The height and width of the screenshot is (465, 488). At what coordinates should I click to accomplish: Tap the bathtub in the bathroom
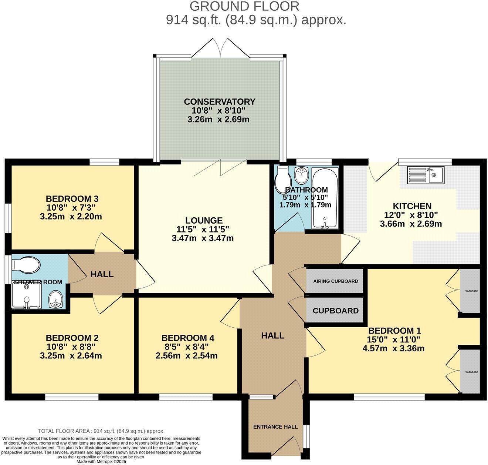(325, 198)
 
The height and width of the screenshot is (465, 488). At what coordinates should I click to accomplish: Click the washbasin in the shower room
(56, 299)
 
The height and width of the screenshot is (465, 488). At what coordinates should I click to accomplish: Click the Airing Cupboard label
(336, 281)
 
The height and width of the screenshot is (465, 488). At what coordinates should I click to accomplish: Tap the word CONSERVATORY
(220, 101)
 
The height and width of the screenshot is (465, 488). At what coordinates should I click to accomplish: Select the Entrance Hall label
(275, 426)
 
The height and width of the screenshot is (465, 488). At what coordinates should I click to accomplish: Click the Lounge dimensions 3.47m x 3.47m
(203, 238)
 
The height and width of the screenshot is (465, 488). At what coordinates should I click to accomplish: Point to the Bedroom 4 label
(188, 338)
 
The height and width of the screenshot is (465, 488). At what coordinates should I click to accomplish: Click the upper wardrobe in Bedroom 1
(470, 291)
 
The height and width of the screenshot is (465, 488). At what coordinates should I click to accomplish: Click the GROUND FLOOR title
(244, 6)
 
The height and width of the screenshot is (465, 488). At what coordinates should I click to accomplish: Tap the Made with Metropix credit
(101, 461)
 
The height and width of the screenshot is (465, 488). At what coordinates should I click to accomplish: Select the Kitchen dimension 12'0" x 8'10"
(411, 215)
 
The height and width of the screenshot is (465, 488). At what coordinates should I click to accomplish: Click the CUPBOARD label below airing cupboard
(336, 311)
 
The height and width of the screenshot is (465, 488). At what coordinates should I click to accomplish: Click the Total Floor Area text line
(101, 431)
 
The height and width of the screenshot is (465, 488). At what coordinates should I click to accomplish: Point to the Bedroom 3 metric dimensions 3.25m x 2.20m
(71, 216)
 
